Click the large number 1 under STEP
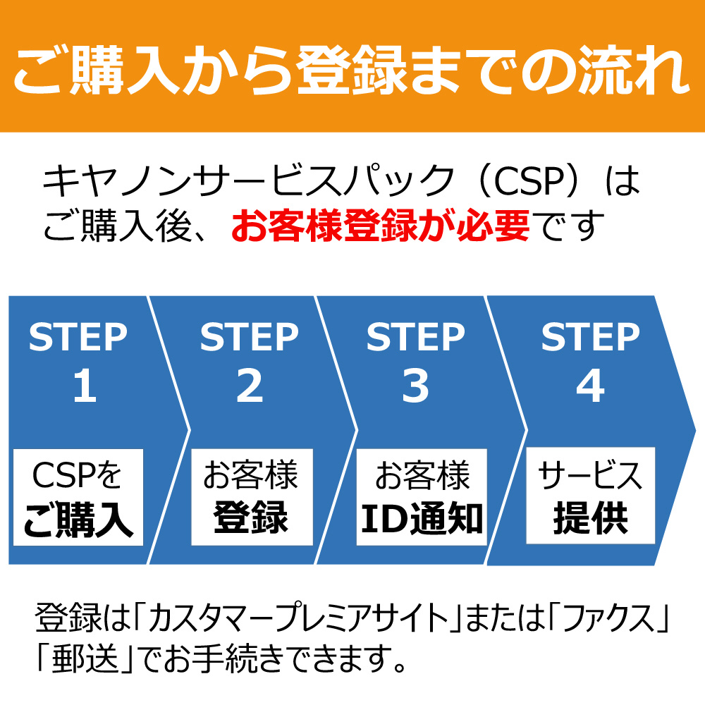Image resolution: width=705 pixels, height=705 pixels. [x=84, y=387]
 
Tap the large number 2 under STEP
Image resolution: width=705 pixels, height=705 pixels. [x=249, y=387]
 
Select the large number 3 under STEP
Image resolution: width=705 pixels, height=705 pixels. [x=415, y=387]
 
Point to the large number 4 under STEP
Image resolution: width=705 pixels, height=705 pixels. [x=590, y=387]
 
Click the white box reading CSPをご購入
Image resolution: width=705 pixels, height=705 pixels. [x=78, y=498]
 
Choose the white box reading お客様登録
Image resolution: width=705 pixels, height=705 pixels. [x=251, y=498]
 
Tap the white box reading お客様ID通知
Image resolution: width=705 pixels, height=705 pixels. [x=421, y=498]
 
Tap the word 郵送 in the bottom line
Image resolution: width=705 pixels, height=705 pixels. [x=85, y=661]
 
